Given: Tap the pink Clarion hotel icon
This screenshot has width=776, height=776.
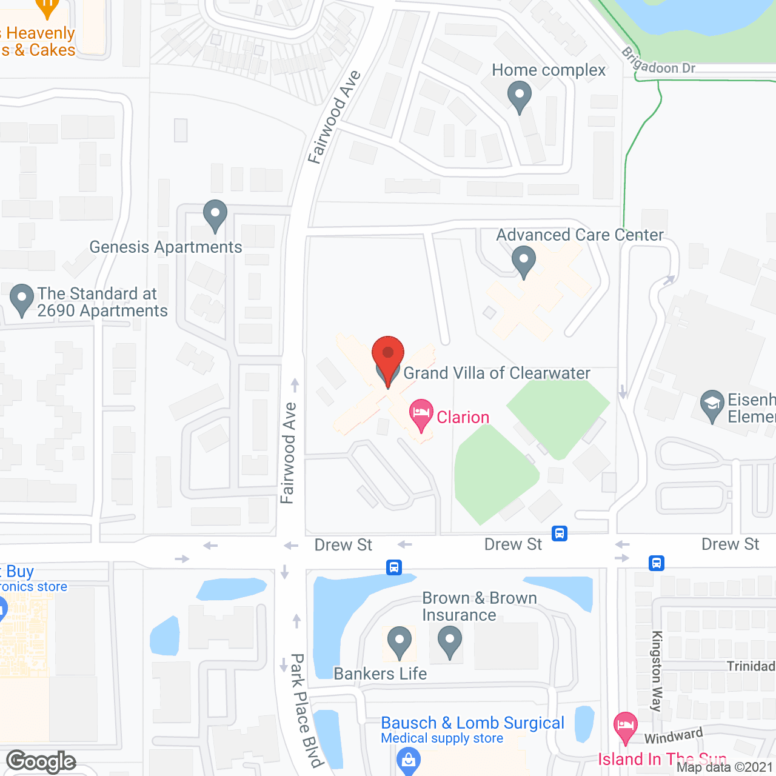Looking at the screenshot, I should coord(421,414).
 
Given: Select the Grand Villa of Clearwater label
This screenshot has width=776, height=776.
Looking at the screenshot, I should coord(497,373).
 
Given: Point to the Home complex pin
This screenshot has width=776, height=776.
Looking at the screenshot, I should coord(519,96).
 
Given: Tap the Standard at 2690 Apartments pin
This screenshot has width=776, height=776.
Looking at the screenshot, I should coord(22,299).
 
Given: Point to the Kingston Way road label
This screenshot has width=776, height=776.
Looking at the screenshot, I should coord(657,671).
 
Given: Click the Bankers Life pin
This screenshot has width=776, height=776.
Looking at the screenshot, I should coord(399,641).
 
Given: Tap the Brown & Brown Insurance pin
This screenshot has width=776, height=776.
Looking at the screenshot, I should coord(449,641).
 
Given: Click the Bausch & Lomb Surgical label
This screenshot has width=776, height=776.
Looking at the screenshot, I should coord(472,723).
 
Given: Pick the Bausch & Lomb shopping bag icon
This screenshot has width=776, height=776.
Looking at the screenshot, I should coord(408,759).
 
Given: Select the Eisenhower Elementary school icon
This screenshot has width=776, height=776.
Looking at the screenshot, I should coord(712,404).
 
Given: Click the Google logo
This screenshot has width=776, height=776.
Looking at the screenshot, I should coord(41,761).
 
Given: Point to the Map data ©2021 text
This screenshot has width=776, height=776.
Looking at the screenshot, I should coord(724,768).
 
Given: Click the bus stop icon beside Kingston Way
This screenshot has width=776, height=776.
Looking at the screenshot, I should coord(657,563).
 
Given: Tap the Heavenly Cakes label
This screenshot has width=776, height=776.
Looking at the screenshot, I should coord(39,42).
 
